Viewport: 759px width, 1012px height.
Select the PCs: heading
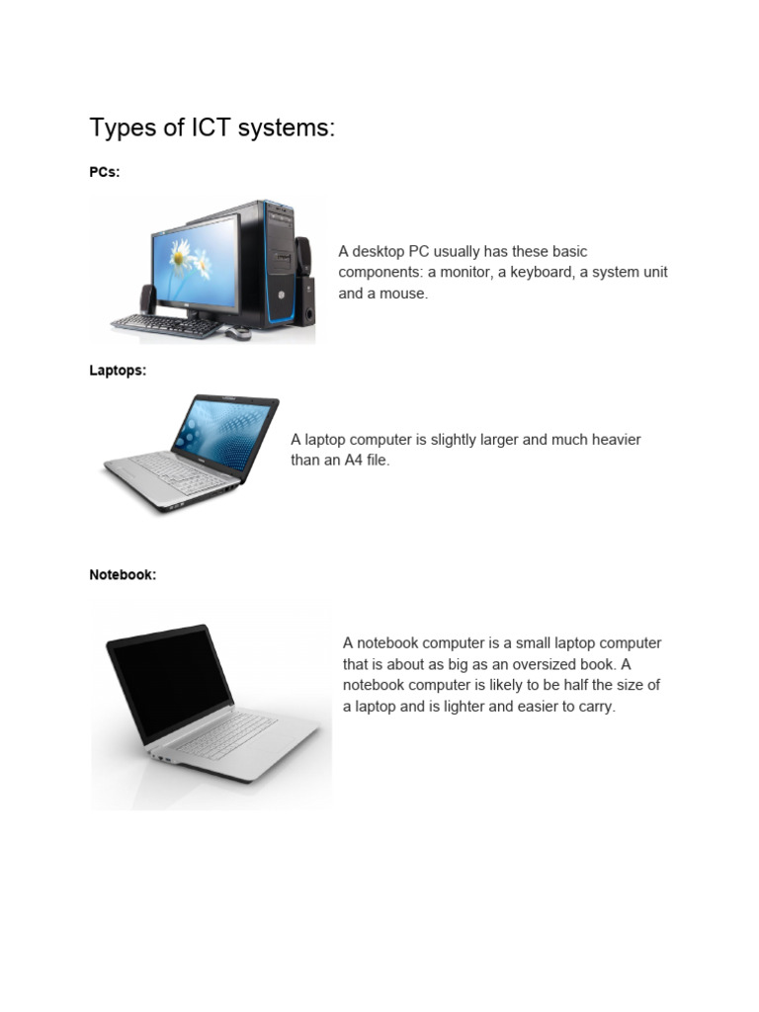click(x=105, y=172)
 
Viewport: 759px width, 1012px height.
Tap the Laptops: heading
click(x=118, y=371)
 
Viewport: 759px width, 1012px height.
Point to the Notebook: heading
click(x=123, y=574)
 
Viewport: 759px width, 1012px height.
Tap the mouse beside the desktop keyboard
click(x=237, y=334)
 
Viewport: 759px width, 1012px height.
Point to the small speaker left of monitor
click(x=146, y=298)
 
